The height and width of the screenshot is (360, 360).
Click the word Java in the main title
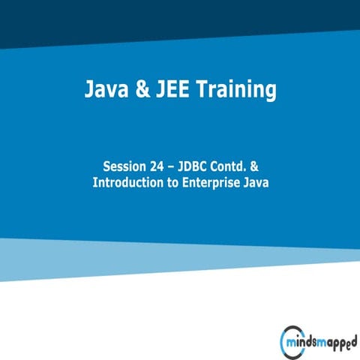[x=103, y=91]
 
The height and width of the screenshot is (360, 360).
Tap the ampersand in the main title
[x=140, y=91]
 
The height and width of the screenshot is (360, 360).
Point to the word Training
[x=238, y=91]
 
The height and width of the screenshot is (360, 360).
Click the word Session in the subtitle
[x=124, y=166]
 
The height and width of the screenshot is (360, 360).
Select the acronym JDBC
[x=197, y=166]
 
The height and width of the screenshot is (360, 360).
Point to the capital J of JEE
[x=160, y=91]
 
